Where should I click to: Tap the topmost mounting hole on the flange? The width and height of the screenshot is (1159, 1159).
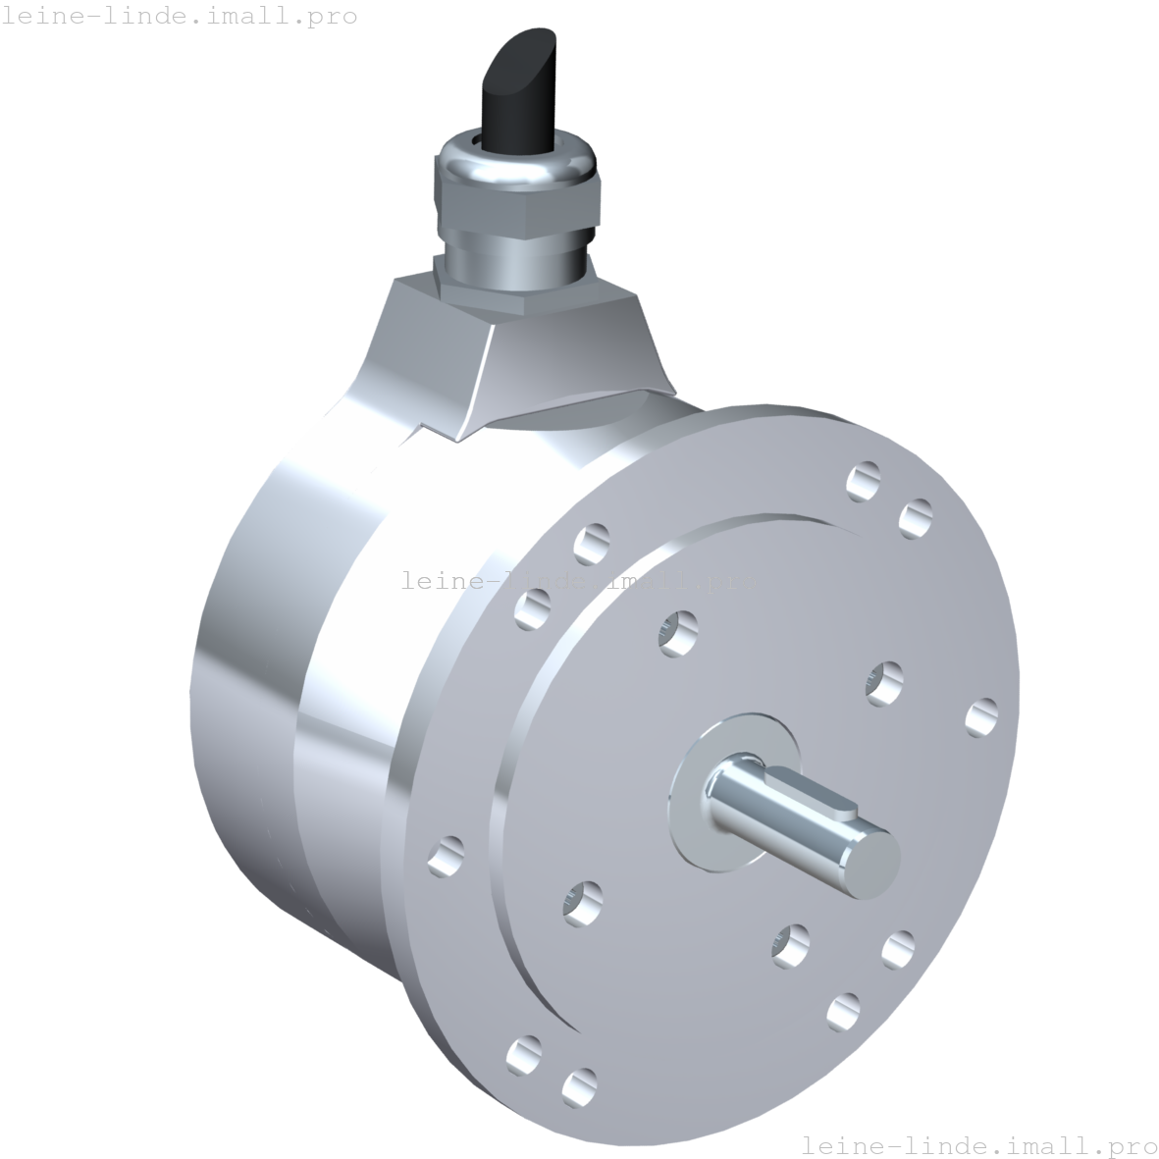coord(863,481)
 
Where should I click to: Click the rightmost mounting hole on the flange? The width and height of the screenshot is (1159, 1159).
coord(981,717)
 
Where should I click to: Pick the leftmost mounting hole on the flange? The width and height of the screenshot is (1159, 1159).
coord(447,855)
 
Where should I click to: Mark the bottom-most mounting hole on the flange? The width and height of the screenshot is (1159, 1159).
coord(580,1085)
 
